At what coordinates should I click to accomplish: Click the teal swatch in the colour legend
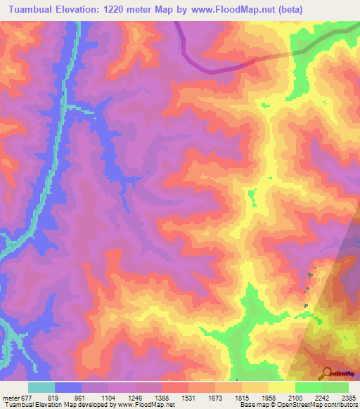click(41, 387)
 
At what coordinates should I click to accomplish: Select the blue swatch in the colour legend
click(67, 387)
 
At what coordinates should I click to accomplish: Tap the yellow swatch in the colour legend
click(281, 387)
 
